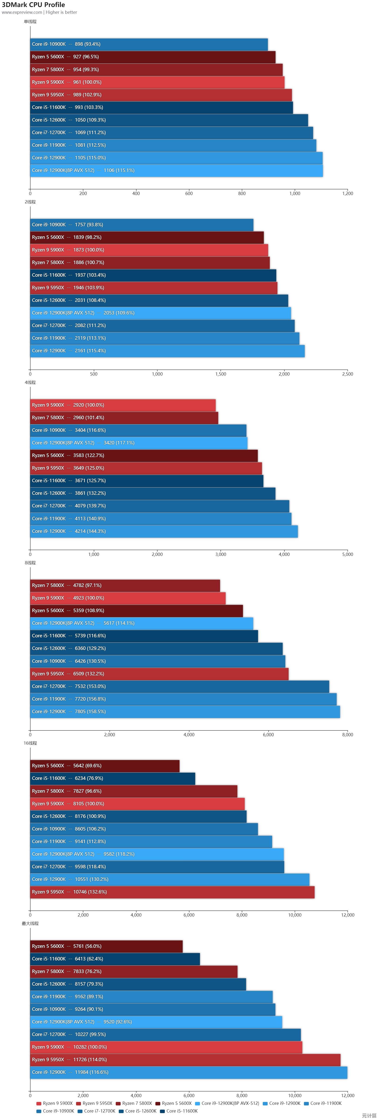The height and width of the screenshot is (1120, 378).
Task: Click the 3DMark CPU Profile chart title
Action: coord(34,5)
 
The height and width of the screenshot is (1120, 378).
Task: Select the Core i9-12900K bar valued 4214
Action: coord(164,531)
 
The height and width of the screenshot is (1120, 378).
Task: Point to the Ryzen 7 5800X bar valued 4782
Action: coord(125,586)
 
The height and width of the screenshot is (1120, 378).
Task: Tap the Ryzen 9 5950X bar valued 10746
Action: coord(172,892)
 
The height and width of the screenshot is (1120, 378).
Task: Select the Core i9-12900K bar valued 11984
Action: coord(188,1072)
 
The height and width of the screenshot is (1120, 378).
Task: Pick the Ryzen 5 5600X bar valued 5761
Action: coord(106,946)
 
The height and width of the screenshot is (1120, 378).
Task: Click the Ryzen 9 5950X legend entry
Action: coord(94,1103)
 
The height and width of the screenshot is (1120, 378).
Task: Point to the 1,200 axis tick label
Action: coord(348,193)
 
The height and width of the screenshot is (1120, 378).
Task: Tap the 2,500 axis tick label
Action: coord(348,374)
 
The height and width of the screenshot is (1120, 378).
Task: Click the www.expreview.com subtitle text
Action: coord(22,12)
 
